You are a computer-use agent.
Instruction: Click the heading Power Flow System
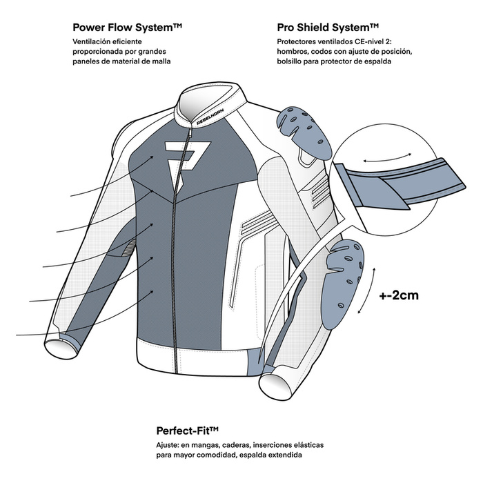coord(127,28)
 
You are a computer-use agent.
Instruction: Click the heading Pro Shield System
coord(328,28)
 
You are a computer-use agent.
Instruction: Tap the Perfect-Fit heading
coord(187,431)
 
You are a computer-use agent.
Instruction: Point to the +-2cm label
coord(399,295)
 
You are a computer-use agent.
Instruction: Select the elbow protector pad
coord(343,284)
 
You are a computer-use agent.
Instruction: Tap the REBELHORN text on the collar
coord(210,117)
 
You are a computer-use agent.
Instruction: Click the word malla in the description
coord(161,61)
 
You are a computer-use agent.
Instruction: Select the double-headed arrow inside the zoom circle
coord(387,157)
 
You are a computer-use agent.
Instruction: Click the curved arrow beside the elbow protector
coord(366,290)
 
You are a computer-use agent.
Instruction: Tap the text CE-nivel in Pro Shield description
coord(365,41)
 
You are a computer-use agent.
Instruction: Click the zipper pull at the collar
coord(190,133)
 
